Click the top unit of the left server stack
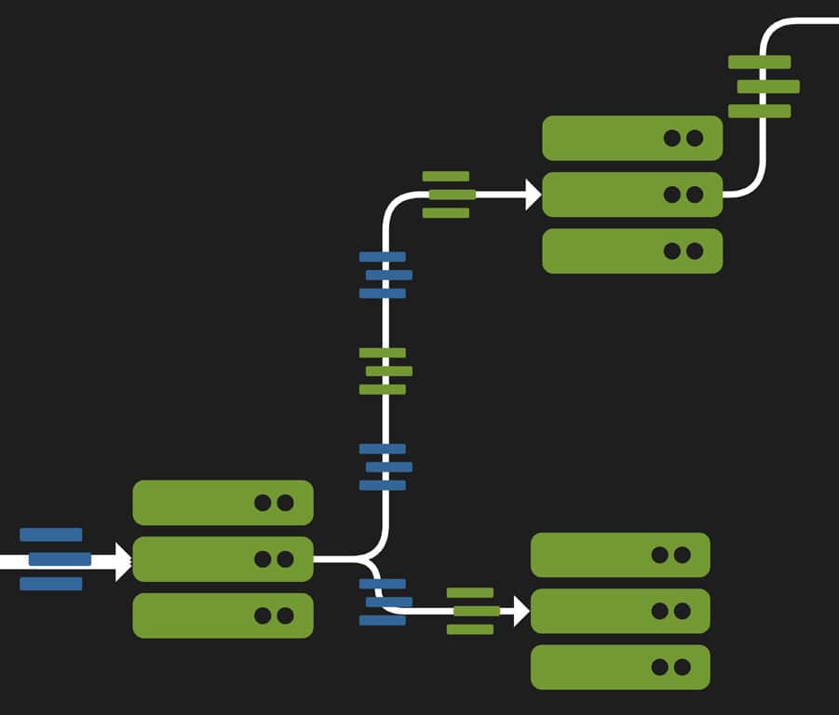(223, 503)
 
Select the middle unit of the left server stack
(223, 559)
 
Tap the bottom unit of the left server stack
(223, 615)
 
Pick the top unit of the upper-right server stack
(632, 138)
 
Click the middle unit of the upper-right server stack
(632, 195)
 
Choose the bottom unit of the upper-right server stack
(632, 250)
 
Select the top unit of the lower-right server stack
(620, 555)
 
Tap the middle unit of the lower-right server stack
(620, 611)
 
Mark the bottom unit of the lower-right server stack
(620, 667)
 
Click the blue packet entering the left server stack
(54, 559)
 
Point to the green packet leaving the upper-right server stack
(764, 87)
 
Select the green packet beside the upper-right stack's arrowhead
(449, 195)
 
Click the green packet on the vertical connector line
(385, 371)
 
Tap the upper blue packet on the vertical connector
(385, 275)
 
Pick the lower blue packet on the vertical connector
(385, 466)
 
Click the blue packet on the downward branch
(385, 601)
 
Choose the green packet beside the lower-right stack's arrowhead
(472, 611)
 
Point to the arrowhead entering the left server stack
(123, 561)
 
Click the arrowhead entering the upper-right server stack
(533, 195)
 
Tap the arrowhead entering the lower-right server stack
(521, 611)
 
